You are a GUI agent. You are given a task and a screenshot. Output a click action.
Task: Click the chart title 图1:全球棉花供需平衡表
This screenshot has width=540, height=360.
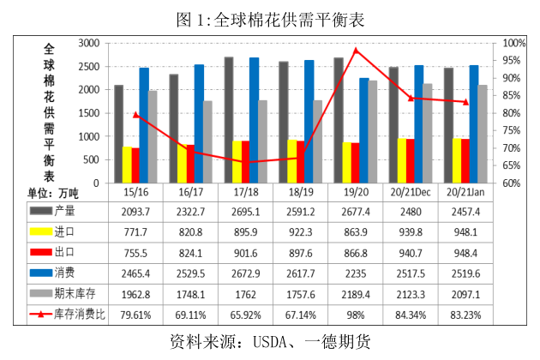pyautogui.click(x=270, y=16)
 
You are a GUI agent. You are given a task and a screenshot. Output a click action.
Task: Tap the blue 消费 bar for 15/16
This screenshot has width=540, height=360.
pyautogui.click(x=144, y=125)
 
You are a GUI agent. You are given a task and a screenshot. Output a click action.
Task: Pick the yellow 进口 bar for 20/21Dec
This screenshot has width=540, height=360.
pyautogui.click(x=401, y=160)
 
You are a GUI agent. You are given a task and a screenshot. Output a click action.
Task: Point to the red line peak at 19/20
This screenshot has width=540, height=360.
pyautogui.click(x=356, y=50)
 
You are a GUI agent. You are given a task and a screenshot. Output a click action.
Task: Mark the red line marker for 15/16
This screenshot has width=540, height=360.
pyautogui.click(x=135, y=114)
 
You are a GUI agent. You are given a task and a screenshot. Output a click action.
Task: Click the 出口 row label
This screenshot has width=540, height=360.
pyautogui.click(x=66, y=253)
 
